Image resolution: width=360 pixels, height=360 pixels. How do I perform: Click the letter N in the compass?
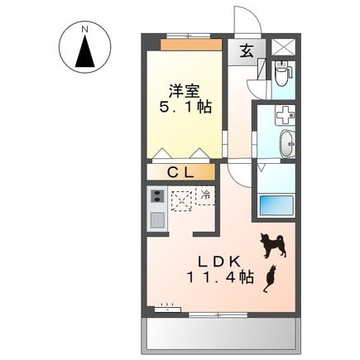coord(85,31)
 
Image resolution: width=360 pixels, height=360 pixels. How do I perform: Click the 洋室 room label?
coord(184,90)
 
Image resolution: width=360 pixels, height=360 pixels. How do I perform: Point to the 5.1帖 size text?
coord(184,108)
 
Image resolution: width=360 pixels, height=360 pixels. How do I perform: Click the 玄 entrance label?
coord(247,51)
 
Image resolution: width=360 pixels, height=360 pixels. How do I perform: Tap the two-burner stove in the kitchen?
coord(156,198)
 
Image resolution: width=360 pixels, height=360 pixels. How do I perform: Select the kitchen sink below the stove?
coord(156,220)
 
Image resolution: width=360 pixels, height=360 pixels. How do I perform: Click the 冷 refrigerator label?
coord(205,195)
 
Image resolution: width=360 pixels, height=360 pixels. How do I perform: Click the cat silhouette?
coord(268,279)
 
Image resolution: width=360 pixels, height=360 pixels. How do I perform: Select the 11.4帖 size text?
coord(214,280)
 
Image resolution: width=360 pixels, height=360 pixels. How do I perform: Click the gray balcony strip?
coord(220,334)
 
